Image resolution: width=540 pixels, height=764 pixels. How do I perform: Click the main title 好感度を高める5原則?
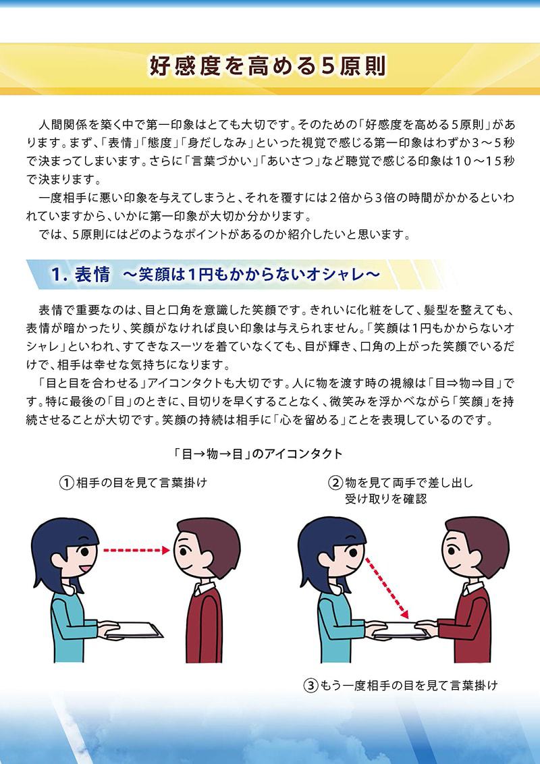pos(267,67)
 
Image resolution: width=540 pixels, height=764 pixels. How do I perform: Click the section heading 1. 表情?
pos(80,275)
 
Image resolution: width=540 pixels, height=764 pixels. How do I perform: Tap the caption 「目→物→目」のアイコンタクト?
pos(258,454)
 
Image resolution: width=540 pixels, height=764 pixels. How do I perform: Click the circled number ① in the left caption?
pos(66,483)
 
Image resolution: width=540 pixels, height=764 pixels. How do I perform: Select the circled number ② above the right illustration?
pos(335,483)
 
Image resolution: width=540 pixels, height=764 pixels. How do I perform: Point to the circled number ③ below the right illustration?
pos(310,686)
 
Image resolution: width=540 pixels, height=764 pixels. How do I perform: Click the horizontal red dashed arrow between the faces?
pos(136,550)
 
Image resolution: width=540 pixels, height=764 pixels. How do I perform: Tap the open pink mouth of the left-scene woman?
pos(84,568)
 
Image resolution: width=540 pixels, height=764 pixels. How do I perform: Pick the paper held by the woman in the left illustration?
pos(134,630)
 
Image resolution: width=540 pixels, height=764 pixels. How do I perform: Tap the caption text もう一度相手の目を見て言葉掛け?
pos(408,686)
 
